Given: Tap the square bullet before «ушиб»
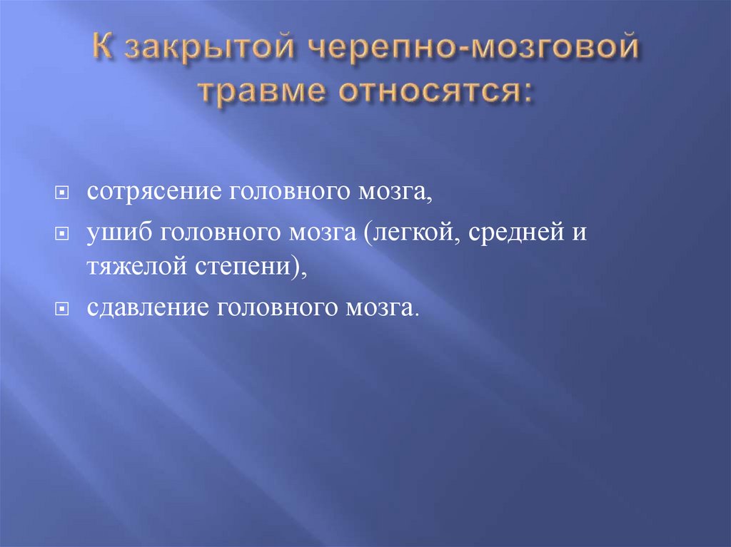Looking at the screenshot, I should click(x=63, y=234).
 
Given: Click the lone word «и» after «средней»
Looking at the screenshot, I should click(x=578, y=234).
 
